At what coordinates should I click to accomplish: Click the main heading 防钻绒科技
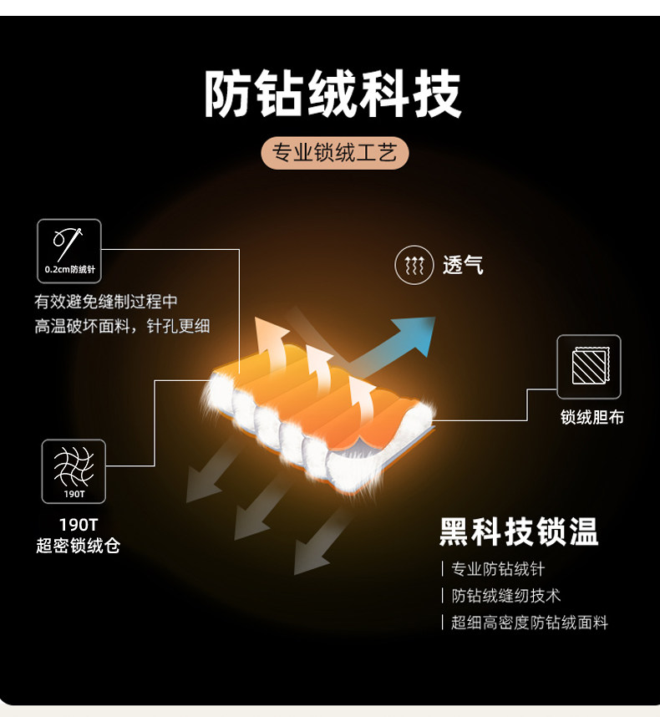click(x=333, y=94)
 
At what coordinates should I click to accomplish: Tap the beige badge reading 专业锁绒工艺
click(x=334, y=154)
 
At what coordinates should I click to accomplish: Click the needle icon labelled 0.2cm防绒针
click(x=69, y=251)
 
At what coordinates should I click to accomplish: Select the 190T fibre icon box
click(x=74, y=471)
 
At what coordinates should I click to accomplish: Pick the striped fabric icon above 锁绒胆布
click(x=589, y=366)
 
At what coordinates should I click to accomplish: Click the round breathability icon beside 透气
click(x=414, y=266)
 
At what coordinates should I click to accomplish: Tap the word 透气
click(x=463, y=266)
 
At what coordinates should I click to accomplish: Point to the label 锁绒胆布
click(x=592, y=417)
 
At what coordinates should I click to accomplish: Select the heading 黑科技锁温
click(x=519, y=532)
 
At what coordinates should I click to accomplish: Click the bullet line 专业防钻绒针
click(x=498, y=569)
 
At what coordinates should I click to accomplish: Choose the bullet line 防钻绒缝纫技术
click(x=506, y=596)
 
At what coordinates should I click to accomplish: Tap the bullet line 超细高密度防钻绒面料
click(x=530, y=623)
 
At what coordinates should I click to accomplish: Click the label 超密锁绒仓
click(x=79, y=547)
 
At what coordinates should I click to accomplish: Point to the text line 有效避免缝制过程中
click(x=106, y=302)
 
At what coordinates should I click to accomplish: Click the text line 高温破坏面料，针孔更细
click(x=122, y=326)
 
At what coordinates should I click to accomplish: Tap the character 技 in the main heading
click(x=436, y=94)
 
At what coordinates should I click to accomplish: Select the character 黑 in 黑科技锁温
click(x=455, y=532)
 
